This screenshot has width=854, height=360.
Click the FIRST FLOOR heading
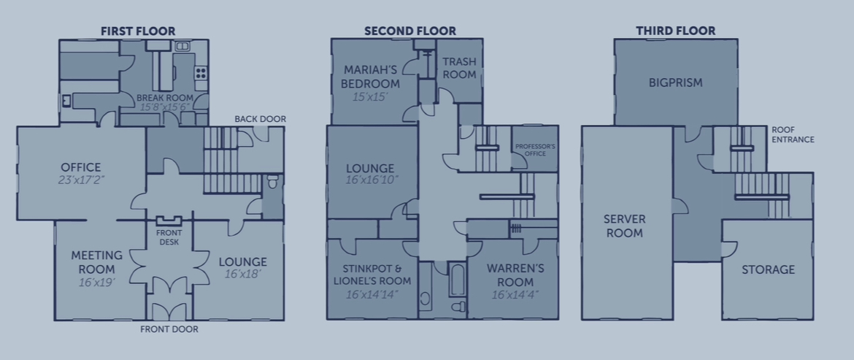tap(138, 31)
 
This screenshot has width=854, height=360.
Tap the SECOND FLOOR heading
tap(410, 31)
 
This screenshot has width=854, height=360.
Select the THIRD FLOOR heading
tap(675, 31)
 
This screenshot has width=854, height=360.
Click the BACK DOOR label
tap(261, 119)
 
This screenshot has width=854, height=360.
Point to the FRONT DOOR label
tap(169, 329)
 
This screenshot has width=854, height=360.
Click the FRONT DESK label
tap(169, 237)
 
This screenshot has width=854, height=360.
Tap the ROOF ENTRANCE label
tap(793, 134)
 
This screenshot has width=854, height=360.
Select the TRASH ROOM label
tap(459, 68)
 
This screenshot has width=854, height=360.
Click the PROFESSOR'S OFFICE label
tap(535, 150)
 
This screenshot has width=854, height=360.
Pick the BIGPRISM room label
tap(675, 83)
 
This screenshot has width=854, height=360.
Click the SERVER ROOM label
tap(624, 226)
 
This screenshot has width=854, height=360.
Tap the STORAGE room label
tap(768, 269)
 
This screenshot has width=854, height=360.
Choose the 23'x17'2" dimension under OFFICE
tap(81, 180)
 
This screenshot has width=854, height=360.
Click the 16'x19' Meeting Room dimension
tap(96, 282)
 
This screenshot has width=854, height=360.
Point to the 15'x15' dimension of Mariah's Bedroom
tap(370, 97)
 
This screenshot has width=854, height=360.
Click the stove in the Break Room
tap(201, 73)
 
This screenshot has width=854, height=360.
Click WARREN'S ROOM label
tap(515, 275)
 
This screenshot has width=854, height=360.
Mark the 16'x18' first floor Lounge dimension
tap(243, 274)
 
